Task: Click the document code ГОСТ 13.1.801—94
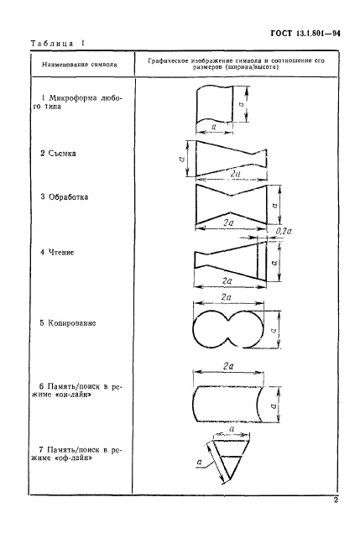tap(305, 34)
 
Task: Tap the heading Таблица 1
tap(58, 44)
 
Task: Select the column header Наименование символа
tap(80, 65)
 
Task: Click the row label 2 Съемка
tap(58, 154)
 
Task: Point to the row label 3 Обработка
tap(65, 196)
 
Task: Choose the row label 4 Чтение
tap(57, 253)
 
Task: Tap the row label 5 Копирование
tap(68, 323)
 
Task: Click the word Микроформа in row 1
tap(72, 98)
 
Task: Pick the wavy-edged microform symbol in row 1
tap(215, 104)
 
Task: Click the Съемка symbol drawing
tap(231, 159)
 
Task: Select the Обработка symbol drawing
tap(232, 204)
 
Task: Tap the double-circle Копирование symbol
tap(228, 329)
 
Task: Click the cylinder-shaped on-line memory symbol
tap(227, 404)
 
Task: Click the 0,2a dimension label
tap(284, 232)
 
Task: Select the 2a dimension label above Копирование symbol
tap(227, 297)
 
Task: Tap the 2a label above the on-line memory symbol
tap(228, 366)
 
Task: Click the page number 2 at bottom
tap(336, 500)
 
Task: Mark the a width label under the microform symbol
tap(214, 127)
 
